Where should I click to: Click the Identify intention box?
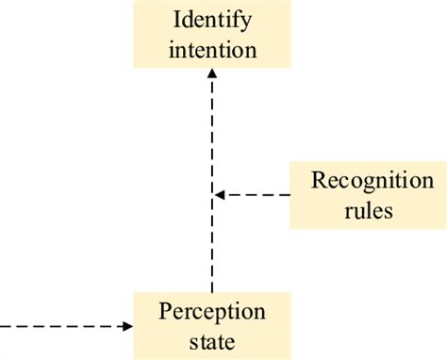tap(212, 34)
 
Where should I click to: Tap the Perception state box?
tap(212, 325)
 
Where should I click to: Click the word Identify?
tap(212, 19)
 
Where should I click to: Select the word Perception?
tap(212, 311)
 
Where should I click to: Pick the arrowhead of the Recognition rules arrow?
tap(219, 195)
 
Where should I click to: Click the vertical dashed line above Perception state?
tap(212, 245)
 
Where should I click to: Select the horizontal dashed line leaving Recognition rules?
tap(257, 195)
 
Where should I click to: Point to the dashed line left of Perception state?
tap(57, 326)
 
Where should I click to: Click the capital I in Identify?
tap(176, 19)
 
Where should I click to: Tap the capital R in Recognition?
tap(317, 180)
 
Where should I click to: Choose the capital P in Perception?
tap(165, 311)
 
